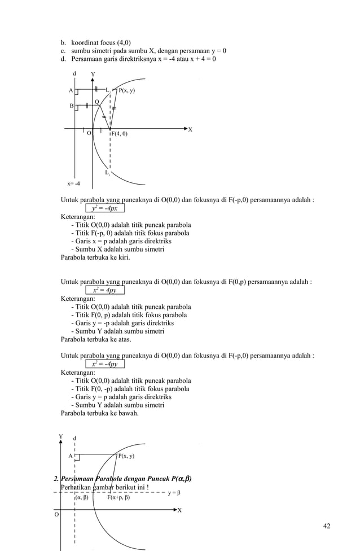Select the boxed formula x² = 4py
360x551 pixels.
[x=105, y=290]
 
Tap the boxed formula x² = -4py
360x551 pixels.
[x=105, y=364]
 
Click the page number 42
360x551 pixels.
[x=327, y=527]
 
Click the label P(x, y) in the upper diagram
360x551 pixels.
[x=126, y=90]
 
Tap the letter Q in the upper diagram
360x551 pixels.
[x=96, y=102]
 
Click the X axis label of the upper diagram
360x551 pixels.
[x=190, y=129]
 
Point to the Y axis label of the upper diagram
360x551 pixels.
[x=93, y=74]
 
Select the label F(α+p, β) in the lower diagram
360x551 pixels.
[x=118, y=498]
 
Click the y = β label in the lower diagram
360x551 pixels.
[x=174, y=493]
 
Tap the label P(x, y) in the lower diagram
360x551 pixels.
[x=126, y=456]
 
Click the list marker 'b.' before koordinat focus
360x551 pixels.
[x=64, y=42]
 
